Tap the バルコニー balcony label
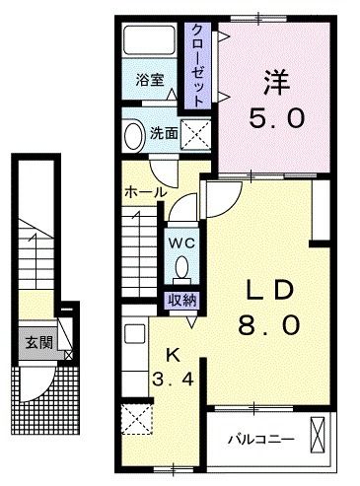pyautogui.click(x=255, y=436)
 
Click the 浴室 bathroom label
pyautogui.click(x=151, y=81)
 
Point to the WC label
pyautogui.click(x=180, y=239)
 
